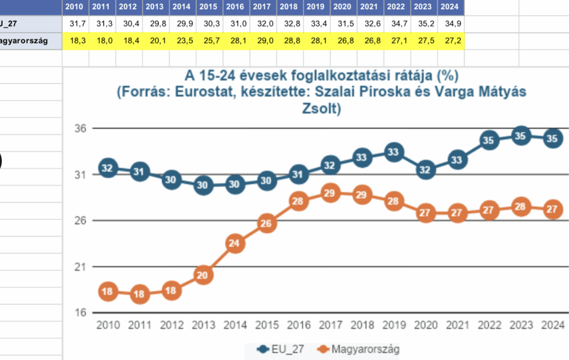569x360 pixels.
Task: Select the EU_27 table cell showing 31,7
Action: coord(76,24)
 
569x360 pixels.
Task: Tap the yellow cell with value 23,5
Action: coord(182,41)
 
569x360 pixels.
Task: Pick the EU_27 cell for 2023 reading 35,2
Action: coord(424,24)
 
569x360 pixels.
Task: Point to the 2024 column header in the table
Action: coord(451,7)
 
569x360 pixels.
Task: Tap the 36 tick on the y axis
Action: coord(81,128)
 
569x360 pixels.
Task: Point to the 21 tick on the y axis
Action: coord(81,267)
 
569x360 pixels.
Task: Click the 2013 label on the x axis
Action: coord(204,325)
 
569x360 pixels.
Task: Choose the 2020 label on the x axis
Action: coord(426,325)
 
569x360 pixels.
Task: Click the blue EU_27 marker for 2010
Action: coord(108,168)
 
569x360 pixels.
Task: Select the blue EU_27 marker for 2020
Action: coord(426,170)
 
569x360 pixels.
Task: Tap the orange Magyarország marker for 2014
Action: coord(236,243)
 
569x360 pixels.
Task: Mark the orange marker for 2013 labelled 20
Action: coord(204,274)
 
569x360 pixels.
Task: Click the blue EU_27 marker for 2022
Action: coord(489,141)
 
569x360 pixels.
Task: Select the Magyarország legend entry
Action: coord(358,349)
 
